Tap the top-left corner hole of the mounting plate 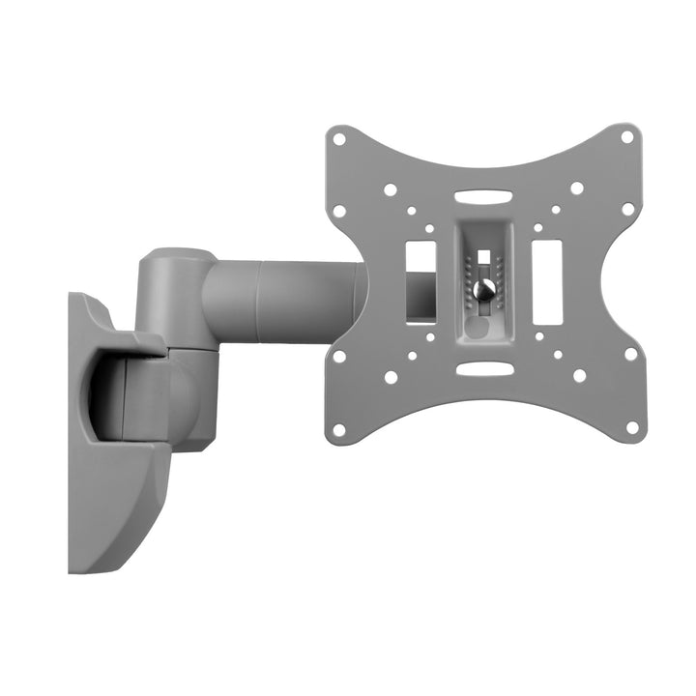(x=339, y=139)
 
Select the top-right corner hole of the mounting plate (x=626, y=137)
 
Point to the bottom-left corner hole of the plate (x=339, y=428)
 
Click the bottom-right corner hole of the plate (x=632, y=425)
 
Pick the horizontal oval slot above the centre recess (x=483, y=196)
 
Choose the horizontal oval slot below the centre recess (x=483, y=368)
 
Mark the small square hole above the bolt (x=483, y=256)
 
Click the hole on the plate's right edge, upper (x=628, y=209)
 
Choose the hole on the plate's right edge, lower (x=630, y=354)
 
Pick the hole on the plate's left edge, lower (x=339, y=356)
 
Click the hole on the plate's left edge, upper (x=339, y=211)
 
